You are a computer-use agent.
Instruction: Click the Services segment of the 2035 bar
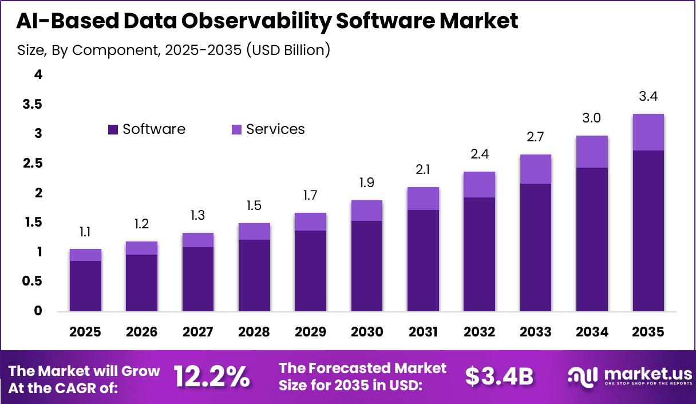point(648,132)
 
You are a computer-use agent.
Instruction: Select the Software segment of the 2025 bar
point(85,286)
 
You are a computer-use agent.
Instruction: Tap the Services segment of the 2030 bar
point(366,211)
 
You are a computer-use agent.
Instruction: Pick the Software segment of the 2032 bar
point(479,255)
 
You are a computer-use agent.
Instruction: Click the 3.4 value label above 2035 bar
point(648,97)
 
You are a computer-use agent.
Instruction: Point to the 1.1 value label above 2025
point(85,232)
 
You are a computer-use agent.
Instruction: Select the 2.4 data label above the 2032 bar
point(479,155)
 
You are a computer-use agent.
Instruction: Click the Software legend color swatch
point(113,130)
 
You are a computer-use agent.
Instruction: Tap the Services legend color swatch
point(236,130)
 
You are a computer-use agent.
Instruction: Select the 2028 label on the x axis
point(254,332)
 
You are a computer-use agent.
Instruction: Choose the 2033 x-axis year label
point(535,332)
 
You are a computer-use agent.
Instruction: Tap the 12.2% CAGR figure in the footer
point(212,377)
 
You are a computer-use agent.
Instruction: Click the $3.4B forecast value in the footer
point(499,377)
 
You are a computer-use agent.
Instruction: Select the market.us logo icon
point(583,376)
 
